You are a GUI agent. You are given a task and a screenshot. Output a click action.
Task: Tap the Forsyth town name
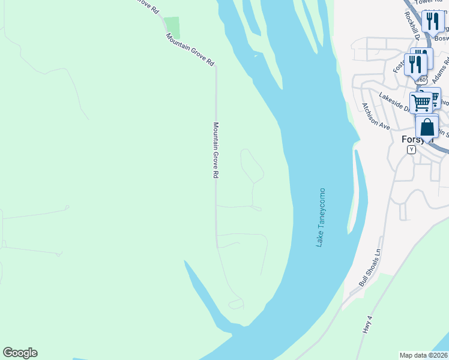[x=416, y=139]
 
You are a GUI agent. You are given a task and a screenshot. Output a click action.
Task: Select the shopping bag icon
[x=427, y=127]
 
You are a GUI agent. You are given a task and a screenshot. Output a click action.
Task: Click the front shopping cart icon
[x=421, y=103]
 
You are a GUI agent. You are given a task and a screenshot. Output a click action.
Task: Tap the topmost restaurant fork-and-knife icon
[x=432, y=21]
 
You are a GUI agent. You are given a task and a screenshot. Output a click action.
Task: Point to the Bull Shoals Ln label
[x=370, y=267]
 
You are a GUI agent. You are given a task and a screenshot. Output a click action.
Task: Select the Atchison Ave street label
[x=376, y=116]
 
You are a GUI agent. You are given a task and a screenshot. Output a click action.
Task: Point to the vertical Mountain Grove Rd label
[x=215, y=151]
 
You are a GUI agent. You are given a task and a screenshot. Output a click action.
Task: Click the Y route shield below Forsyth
[x=411, y=149]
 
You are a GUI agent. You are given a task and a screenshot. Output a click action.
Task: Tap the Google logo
[x=20, y=353]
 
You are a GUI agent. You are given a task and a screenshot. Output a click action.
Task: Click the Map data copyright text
[x=424, y=355]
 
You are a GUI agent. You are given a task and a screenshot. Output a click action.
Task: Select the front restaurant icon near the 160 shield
[x=415, y=64]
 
